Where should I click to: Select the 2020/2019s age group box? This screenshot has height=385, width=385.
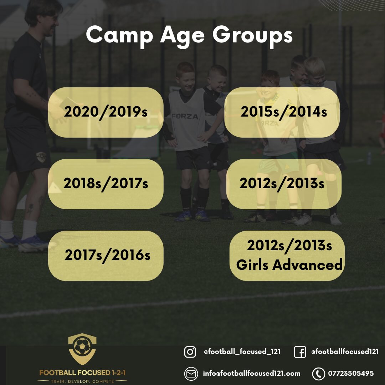[x=106, y=112]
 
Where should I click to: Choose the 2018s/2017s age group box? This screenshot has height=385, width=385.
[x=106, y=184]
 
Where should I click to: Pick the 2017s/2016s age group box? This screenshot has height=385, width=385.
[x=106, y=256]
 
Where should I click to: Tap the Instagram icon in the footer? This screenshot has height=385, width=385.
[x=190, y=352]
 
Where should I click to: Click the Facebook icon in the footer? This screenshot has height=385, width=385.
[x=300, y=352]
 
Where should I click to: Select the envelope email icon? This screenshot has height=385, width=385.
[x=191, y=374]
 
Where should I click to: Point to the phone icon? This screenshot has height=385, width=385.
[x=318, y=374]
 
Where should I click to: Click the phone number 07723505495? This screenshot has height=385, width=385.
[x=351, y=374]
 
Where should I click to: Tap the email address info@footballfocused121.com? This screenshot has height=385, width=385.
[x=252, y=374]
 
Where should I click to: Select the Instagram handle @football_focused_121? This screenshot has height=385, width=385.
[x=242, y=351]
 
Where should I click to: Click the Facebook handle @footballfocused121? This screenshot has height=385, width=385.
[x=345, y=351]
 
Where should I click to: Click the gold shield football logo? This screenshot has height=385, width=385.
[x=82, y=349]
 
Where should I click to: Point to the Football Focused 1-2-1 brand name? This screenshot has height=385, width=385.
[x=82, y=373]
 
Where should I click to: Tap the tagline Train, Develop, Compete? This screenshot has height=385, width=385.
[x=82, y=381]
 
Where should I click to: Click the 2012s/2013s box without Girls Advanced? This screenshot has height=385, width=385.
[x=283, y=184]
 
